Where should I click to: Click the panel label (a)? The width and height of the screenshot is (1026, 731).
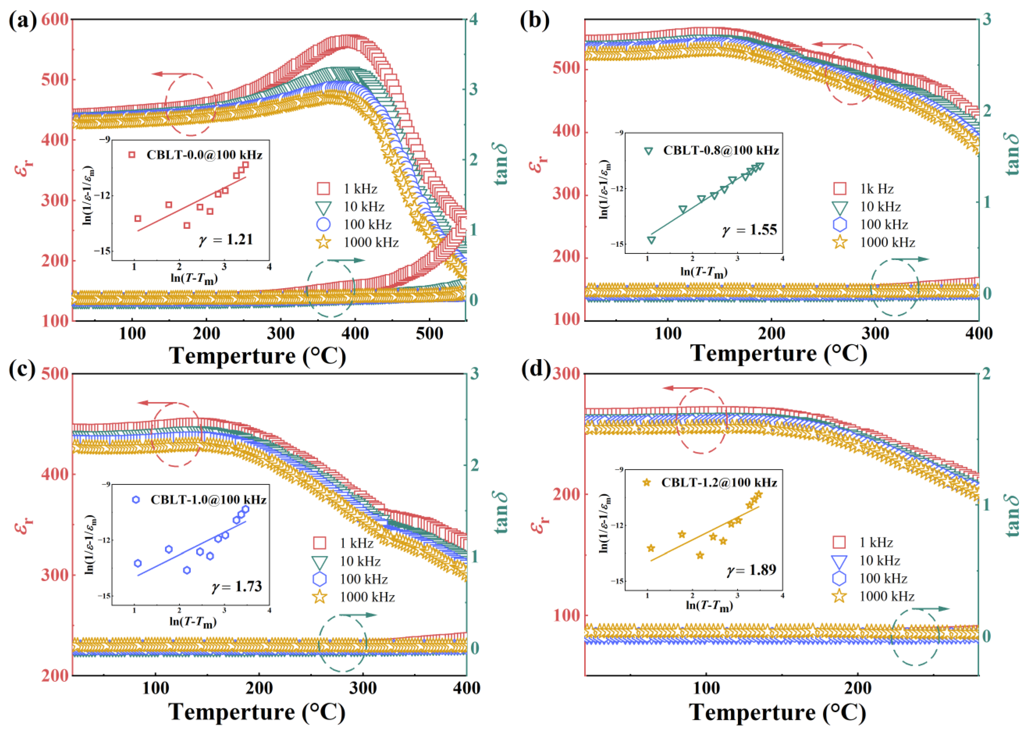click(x=23, y=21)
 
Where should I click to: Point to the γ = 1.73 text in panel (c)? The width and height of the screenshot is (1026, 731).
click(x=237, y=586)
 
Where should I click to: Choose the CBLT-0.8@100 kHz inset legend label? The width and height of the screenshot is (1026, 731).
click(x=720, y=150)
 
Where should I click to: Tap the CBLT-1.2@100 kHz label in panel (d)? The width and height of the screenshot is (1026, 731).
click(x=719, y=483)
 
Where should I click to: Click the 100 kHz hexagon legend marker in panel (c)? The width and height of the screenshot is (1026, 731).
click(x=320, y=579)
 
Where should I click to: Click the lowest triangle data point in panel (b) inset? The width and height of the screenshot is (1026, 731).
click(x=651, y=240)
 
